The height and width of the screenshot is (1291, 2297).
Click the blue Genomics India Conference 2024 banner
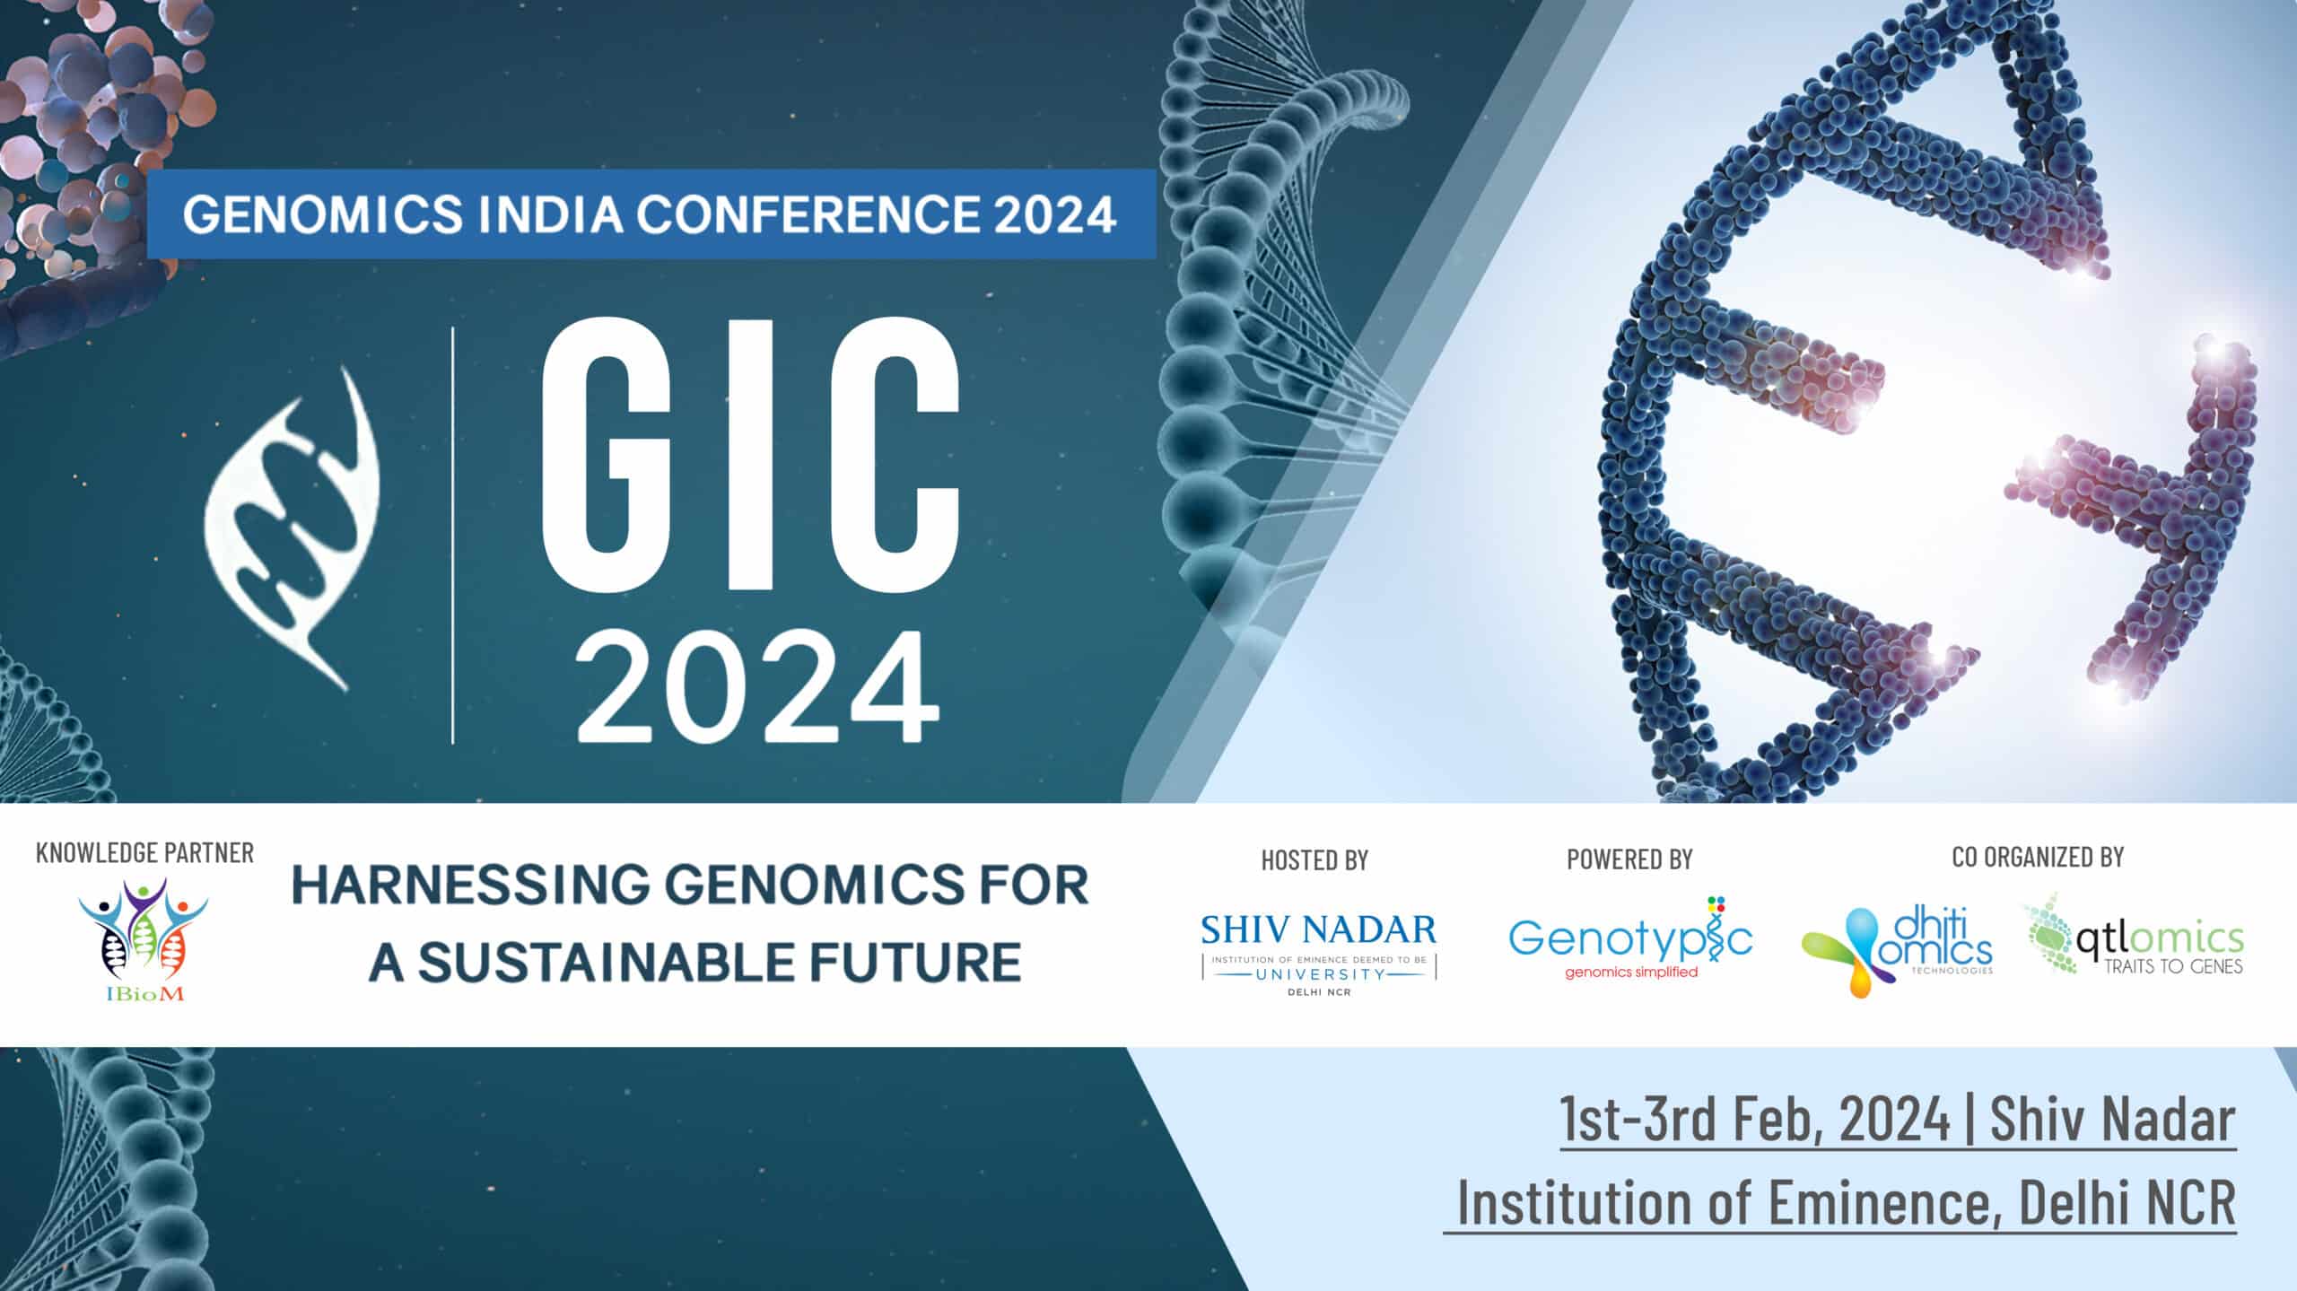click(x=651, y=214)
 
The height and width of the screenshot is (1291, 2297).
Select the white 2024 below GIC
click(x=759, y=685)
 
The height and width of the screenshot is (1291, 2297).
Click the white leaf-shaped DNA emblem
click(x=292, y=529)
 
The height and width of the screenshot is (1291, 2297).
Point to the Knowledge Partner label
click(x=144, y=853)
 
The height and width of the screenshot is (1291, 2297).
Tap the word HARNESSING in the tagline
click(x=471, y=885)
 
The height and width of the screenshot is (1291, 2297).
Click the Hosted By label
click(x=1314, y=860)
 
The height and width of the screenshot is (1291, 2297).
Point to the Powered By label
click(x=1629, y=859)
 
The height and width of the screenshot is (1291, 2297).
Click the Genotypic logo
click(x=1630, y=938)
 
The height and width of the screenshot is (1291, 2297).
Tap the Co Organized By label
click(x=2038, y=857)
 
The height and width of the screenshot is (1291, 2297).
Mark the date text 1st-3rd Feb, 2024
click(x=1755, y=1119)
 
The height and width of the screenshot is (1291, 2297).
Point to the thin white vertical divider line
click(x=452, y=536)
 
